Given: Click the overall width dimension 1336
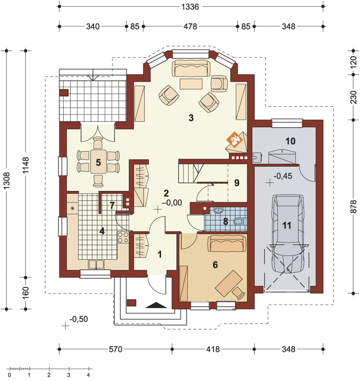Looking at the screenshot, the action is coord(190,7).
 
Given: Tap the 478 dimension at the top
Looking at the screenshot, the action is coord(190,26).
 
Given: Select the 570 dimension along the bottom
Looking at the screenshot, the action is coord(115,349).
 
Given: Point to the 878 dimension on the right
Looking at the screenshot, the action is coord(353,207).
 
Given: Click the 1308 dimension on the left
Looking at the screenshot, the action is coord(7,180).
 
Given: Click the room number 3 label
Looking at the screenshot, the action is coord(191,118).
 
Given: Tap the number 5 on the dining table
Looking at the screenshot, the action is coord(98,162).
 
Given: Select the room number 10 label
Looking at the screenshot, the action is coord(291,141).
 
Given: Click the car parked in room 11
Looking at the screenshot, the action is coord(287,234).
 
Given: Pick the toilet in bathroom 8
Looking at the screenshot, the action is coord(240,221).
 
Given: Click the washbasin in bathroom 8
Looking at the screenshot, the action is coord(219,210).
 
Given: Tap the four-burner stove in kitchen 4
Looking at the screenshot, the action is coord(123,237).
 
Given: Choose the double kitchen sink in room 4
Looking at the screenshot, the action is coord(96,265).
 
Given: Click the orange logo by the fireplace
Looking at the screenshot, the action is coord(234,140).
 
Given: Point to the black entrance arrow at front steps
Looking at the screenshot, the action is coord(156,305).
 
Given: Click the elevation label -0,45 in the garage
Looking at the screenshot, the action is coord(283,176).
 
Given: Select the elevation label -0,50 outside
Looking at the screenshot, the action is coord(78,319).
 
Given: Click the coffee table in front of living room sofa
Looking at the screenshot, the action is coord(191,84).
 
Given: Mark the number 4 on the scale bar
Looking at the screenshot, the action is coord(88,375).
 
